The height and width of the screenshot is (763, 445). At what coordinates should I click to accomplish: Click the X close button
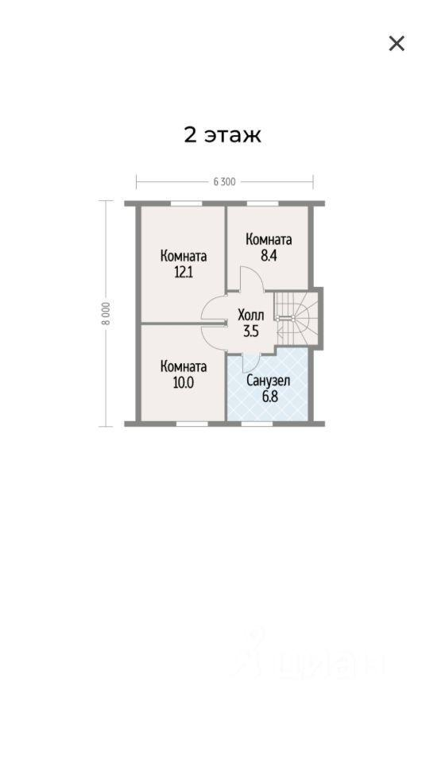[x=397, y=43]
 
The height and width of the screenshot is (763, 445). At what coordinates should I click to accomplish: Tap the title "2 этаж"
[x=222, y=135]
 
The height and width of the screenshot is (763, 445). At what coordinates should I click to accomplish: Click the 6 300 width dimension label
[x=224, y=182]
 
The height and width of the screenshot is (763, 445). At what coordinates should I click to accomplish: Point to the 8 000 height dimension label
[x=106, y=314]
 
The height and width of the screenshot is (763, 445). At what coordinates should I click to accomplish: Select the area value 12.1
[x=184, y=272]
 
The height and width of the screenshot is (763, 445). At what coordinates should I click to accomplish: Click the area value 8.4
[x=269, y=255]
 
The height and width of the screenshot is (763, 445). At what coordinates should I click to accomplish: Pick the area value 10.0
[x=184, y=382]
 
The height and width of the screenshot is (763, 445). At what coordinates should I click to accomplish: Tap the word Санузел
[x=268, y=381]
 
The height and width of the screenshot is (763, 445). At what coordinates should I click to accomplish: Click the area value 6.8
[x=269, y=397]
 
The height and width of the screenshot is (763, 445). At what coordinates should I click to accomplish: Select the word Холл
[x=250, y=315]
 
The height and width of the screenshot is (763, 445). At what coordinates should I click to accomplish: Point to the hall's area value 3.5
[x=251, y=331]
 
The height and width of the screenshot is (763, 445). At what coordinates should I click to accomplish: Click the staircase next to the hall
[x=296, y=318]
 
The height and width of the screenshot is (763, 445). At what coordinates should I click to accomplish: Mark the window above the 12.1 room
[x=186, y=203]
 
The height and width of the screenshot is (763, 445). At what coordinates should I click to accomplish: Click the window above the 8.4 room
[x=262, y=203]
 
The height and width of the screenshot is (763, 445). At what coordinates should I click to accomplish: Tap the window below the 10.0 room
[x=192, y=424]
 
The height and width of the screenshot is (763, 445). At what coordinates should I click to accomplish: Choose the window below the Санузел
[x=257, y=424]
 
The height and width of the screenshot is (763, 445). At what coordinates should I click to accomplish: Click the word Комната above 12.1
[x=184, y=256]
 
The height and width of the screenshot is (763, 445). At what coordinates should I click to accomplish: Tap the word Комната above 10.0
[x=184, y=366]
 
